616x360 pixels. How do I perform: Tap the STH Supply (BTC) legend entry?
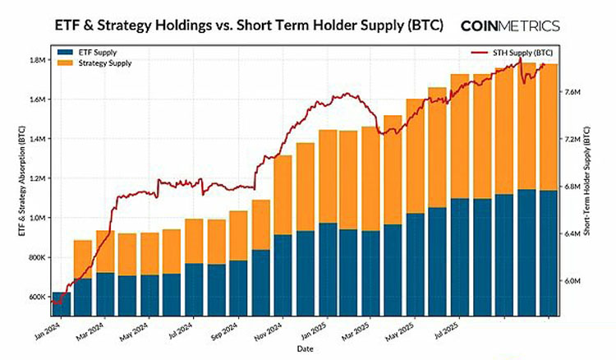point(526,53)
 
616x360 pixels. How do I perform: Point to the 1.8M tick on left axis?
point(35,60)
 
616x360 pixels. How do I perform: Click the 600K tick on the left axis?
point(35,297)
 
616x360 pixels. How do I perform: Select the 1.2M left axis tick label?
point(35,178)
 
